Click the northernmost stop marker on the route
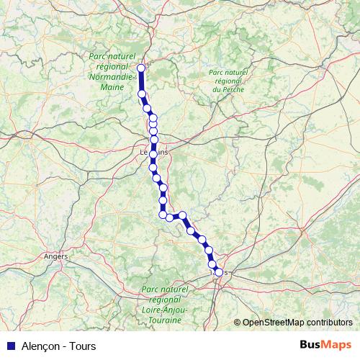point(141,68)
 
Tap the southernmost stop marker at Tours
point(219,272)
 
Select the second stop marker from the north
point(142,94)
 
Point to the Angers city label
point(55,256)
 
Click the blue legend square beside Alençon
point(10,346)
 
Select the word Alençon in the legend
point(37,346)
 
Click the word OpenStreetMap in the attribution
point(273,322)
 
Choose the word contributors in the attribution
point(329,322)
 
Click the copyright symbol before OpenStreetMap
point(238,322)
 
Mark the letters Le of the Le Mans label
point(144,153)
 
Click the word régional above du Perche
point(227,81)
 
